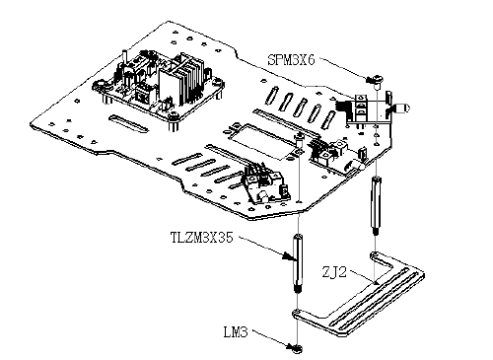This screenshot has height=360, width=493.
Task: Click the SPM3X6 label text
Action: point(291,60)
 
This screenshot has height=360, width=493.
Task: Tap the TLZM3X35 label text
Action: point(202,237)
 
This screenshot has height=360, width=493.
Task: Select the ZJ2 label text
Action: point(334,272)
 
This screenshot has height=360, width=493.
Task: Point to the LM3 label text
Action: point(236,332)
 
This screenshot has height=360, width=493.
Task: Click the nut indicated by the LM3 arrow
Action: point(297,348)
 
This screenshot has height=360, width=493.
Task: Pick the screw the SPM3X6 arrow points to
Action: point(377,81)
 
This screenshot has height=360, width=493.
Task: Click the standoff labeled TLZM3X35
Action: point(297,262)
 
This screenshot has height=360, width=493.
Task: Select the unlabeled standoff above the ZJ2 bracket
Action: point(376,205)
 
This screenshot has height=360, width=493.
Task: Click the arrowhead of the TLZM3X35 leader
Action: point(289,256)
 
